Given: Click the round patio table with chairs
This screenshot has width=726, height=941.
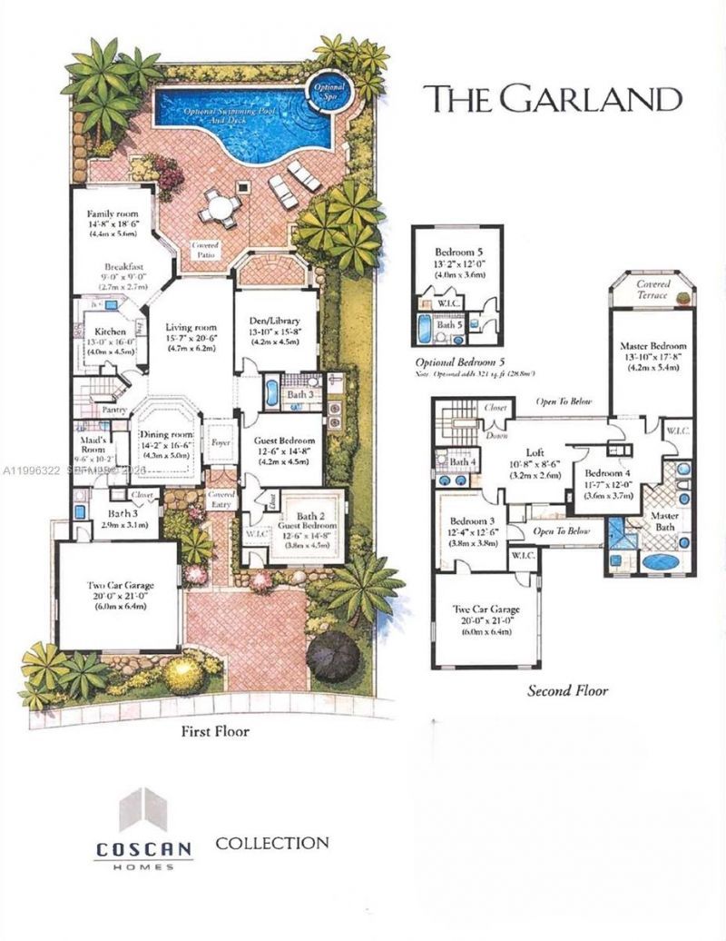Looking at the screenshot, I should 219,207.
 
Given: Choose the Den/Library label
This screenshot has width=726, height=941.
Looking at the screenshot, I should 275,319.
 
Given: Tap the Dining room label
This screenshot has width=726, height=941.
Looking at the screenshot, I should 165,433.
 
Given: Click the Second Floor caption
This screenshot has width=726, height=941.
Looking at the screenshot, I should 568,691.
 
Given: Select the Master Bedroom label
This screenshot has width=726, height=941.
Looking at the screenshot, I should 652,346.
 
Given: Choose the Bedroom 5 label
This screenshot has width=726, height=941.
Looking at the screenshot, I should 456,250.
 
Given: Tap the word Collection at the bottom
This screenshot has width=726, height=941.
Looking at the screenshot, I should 271,844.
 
